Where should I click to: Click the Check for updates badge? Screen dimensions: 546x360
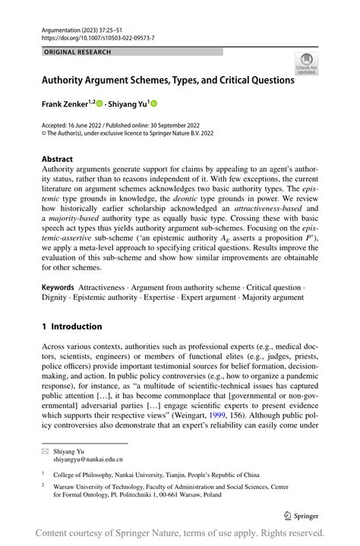pos(306,63)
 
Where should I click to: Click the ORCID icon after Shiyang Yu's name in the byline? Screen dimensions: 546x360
pos(162,103)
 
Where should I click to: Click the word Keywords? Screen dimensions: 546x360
pos(58,289)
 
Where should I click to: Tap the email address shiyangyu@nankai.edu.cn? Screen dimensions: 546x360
pos(87,459)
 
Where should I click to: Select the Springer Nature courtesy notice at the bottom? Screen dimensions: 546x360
pos(180,532)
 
